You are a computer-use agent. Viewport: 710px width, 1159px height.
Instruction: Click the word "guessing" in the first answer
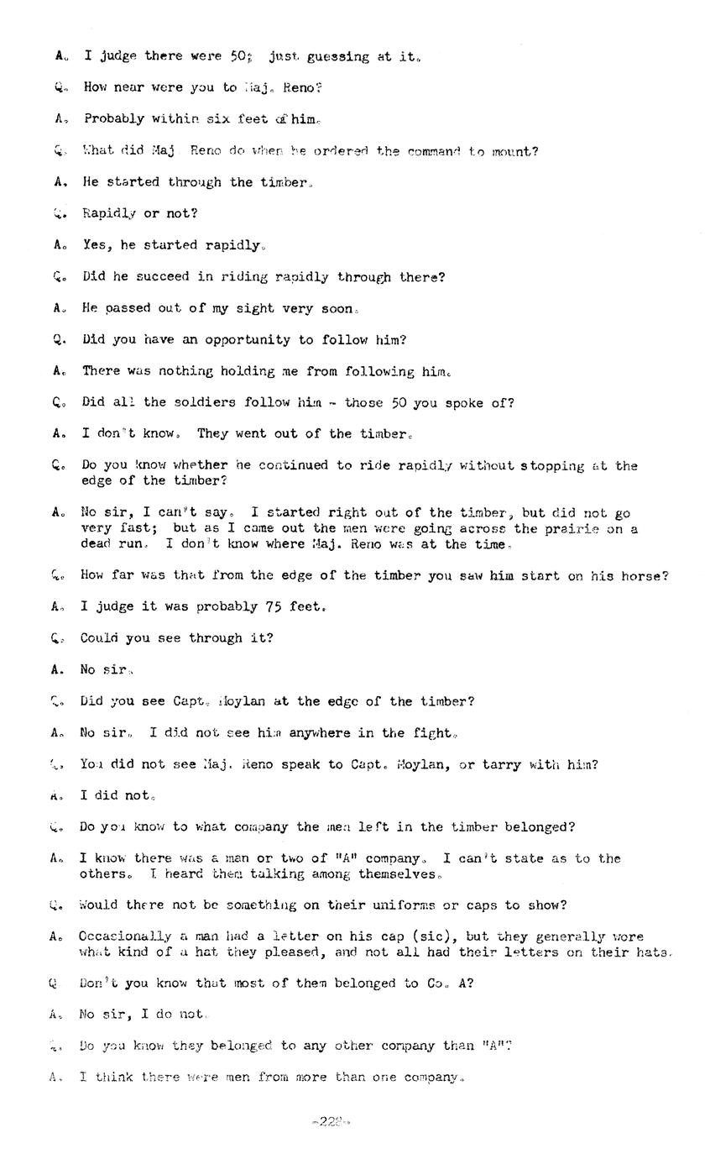point(337,57)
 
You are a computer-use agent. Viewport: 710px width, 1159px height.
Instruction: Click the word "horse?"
point(645,575)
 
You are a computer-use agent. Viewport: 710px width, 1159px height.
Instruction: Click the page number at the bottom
point(329,1121)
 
